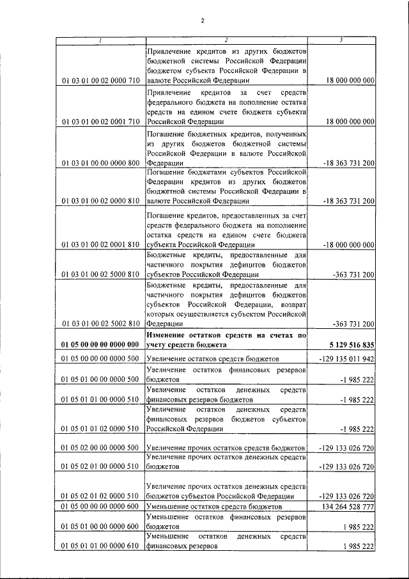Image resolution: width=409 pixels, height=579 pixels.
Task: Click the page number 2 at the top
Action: pyautogui.click(x=202, y=20)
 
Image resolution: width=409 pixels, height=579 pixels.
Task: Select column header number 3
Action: pyautogui.click(x=341, y=40)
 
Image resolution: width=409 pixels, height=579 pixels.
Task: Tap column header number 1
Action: pyautogui.click(x=100, y=40)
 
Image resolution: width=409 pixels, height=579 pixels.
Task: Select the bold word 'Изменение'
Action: pyautogui.click(x=168, y=335)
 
